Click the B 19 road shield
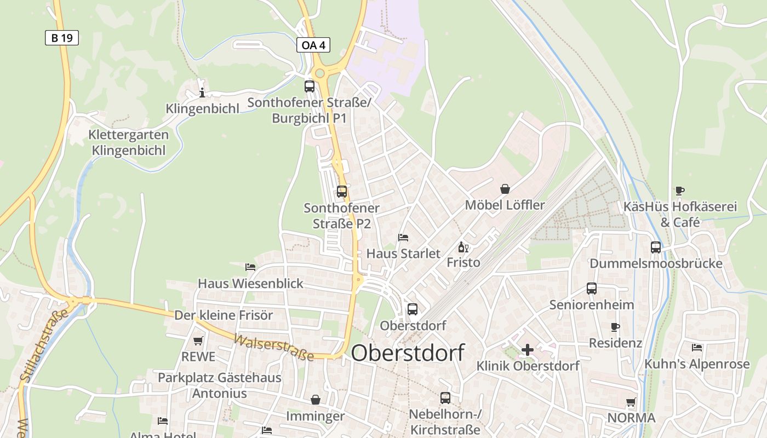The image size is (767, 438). (62, 38)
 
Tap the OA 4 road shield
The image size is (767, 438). (313, 45)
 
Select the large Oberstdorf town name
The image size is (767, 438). (408, 353)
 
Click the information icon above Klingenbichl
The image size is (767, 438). (202, 92)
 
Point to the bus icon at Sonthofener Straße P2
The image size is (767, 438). (342, 192)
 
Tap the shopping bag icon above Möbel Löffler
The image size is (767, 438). (505, 189)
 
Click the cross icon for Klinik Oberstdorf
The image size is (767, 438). (528, 350)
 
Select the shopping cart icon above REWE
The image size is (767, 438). (198, 341)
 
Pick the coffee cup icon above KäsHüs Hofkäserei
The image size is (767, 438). (680, 191)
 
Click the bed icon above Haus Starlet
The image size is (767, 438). (403, 237)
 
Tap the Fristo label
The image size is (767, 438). (463, 262)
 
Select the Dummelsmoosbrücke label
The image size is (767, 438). (656, 263)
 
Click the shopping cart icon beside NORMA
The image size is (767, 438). (631, 402)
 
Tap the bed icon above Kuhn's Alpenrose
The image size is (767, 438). (697, 347)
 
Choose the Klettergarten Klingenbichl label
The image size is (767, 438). (129, 142)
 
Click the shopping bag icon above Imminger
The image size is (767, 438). (316, 400)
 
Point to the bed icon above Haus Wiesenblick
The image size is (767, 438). (250, 267)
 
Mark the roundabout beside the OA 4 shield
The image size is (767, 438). (320, 73)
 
